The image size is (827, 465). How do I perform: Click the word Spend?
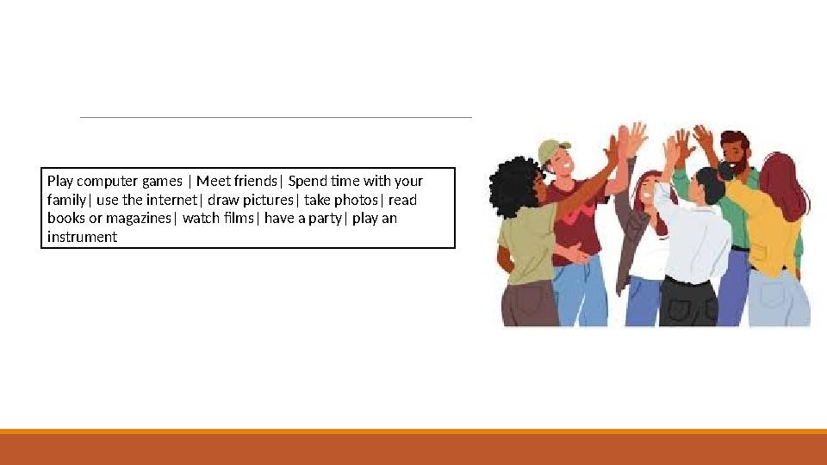(x=308, y=181)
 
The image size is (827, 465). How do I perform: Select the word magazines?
(x=139, y=219)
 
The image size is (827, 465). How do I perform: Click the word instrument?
(x=82, y=237)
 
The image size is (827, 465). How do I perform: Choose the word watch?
(x=201, y=219)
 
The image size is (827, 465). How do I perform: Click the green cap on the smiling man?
(x=553, y=149)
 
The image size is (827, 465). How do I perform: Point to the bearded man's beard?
(x=734, y=164)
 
